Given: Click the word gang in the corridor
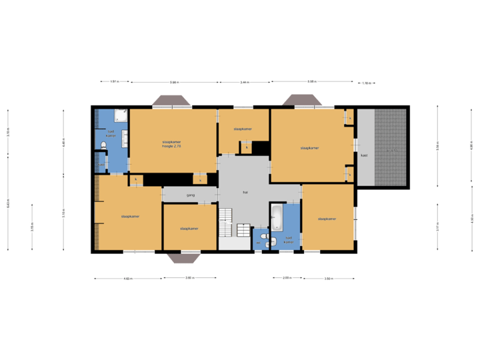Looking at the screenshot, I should pyautogui.click(x=190, y=195).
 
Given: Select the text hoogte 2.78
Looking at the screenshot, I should pyautogui.click(x=171, y=145).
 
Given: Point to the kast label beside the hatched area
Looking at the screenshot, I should pyautogui.click(x=364, y=155).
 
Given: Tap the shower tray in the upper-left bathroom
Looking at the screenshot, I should pyautogui.click(x=121, y=115).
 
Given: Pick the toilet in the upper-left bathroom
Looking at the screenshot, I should pyautogui.click(x=104, y=144).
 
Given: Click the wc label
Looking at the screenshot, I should pyautogui.click(x=259, y=243).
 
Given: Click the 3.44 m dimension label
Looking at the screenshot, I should pyautogui.click(x=245, y=82).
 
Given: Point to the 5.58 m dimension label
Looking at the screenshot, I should pyautogui.click(x=311, y=82).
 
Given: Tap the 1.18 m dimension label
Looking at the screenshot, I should pyautogui.click(x=366, y=83).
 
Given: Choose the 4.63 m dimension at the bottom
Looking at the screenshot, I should pyautogui.click(x=127, y=278).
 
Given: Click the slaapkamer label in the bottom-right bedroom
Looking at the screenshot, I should pyautogui.click(x=327, y=218).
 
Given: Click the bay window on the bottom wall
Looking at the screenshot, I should pyautogui.click(x=183, y=258).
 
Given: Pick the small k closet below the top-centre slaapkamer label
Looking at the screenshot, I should pyautogui.click(x=247, y=147).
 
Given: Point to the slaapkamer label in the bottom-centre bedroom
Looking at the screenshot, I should pyautogui.click(x=189, y=228).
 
